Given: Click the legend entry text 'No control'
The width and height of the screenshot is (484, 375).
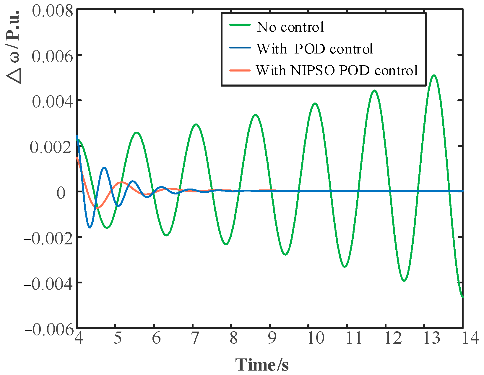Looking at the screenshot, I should [x=290, y=27].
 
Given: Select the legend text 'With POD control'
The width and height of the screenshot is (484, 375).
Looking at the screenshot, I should [x=314, y=49].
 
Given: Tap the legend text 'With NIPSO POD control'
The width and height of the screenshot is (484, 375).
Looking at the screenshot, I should [x=337, y=70].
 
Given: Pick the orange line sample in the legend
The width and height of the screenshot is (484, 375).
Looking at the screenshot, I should [x=240, y=70].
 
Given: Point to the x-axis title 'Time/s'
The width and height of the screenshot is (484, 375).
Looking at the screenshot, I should [x=262, y=364].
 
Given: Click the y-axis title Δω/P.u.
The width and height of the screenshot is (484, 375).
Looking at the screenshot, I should [x=13, y=47].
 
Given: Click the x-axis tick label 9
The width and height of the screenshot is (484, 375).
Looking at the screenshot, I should [x=272, y=338].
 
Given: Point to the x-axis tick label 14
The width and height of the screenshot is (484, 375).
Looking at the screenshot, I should [x=470, y=338].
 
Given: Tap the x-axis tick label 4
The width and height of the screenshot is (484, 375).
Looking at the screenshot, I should [x=79, y=338].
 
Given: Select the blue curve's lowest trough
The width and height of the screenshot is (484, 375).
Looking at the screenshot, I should [x=90, y=227].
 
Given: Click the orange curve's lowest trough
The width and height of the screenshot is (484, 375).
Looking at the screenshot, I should [x=97, y=208].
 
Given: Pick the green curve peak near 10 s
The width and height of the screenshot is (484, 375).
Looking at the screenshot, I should [x=315, y=103].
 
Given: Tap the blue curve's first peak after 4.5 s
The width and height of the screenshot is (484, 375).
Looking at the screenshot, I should [x=104, y=168].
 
